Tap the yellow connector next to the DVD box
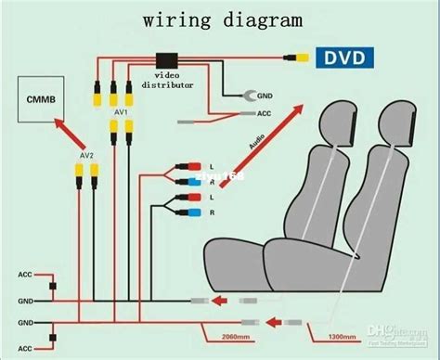299,58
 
